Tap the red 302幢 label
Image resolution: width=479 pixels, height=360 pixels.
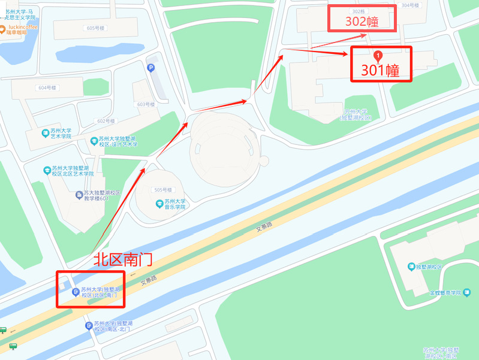[361, 22]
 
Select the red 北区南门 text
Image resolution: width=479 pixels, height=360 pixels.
[122, 259]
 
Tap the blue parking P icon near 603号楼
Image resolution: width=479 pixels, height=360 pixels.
[151, 68]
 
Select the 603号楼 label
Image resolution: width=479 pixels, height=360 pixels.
[146, 104]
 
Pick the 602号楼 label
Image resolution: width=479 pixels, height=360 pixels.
[106, 121]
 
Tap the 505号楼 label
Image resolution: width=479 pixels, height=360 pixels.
[162, 190]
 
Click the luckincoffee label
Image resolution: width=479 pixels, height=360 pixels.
[23, 28]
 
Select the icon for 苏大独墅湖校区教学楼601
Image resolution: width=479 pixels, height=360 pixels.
[79, 195]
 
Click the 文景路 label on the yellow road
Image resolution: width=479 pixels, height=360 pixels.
[264, 227]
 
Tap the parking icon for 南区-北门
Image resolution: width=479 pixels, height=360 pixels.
[89, 326]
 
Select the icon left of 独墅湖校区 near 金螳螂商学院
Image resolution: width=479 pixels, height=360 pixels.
[411, 267]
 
